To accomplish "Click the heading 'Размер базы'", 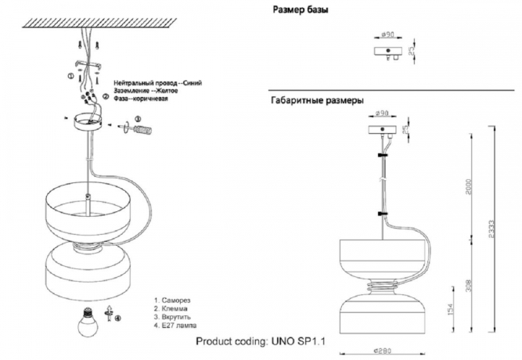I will tap(300, 11).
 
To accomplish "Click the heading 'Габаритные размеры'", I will tap(316, 100).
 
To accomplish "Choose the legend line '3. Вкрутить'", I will tap(177, 317).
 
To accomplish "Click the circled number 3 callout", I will tap(139, 120).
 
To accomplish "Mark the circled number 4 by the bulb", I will tap(118, 317).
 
